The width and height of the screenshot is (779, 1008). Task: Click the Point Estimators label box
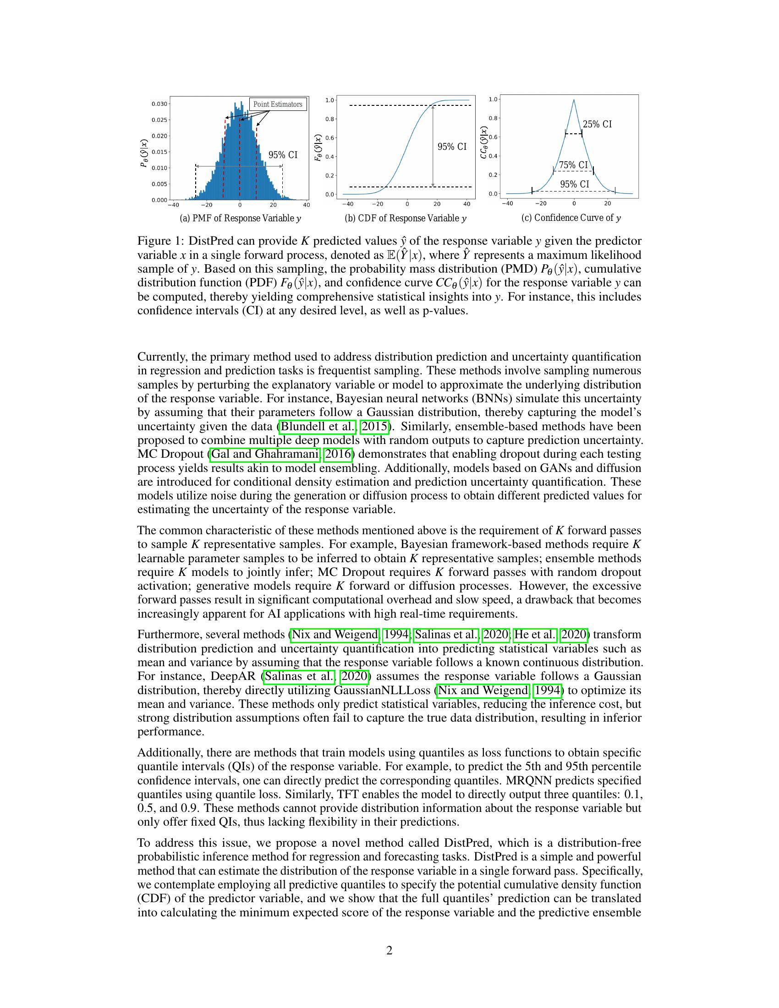click(x=278, y=104)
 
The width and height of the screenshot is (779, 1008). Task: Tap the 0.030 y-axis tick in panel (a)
click(x=159, y=104)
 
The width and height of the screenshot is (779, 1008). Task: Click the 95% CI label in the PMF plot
click(x=283, y=155)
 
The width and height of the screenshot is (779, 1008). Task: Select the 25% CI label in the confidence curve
click(x=597, y=124)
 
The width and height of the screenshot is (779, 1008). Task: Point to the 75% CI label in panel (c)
click(x=573, y=165)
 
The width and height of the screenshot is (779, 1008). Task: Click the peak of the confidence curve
click(x=574, y=100)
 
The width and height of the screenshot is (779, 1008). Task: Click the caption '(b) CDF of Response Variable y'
click(x=406, y=218)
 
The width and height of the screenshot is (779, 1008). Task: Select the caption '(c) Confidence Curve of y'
click(x=571, y=218)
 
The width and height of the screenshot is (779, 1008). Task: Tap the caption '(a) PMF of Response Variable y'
click(x=241, y=218)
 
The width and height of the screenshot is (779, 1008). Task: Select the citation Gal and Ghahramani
click(x=265, y=454)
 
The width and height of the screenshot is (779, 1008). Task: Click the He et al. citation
click(x=534, y=635)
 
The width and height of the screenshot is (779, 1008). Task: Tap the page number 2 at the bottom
click(x=389, y=950)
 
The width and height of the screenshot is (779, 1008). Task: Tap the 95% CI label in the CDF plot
click(x=452, y=147)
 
